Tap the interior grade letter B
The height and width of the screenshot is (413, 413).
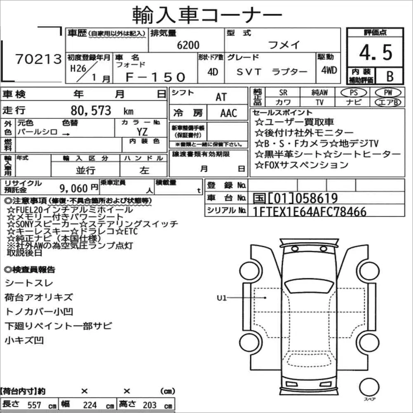click(x=390, y=76)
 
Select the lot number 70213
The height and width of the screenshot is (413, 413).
click(x=38, y=59)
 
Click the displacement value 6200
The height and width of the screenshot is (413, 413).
click(x=188, y=45)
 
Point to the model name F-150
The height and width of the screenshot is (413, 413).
click(x=155, y=77)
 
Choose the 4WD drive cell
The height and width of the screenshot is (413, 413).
click(x=329, y=70)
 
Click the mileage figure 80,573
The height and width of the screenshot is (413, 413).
click(x=91, y=110)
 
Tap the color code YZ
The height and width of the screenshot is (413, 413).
click(x=142, y=131)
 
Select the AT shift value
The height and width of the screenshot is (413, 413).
click(x=221, y=97)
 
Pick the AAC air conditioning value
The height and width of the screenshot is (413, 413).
click(x=229, y=113)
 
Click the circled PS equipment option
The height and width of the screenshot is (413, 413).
click(x=354, y=92)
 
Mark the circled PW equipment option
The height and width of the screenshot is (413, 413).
click(x=388, y=92)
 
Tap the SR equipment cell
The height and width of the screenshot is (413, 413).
click(x=283, y=93)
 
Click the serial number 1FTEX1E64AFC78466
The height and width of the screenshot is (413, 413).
click(x=310, y=211)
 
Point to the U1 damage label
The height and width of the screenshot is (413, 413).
click(x=221, y=298)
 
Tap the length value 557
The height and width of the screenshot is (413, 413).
click(x=34, y=405)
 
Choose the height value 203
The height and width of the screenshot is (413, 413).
click(x=150, y=405)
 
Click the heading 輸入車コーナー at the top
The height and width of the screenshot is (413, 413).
click(x=207, y=15)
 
